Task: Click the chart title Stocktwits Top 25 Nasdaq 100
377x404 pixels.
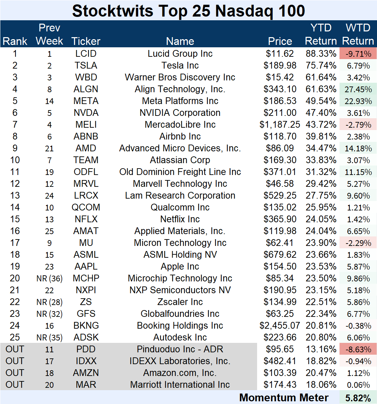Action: tap(188, 11)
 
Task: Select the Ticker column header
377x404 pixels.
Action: tap(86, 41)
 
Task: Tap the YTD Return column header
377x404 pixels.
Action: tap(321, 34)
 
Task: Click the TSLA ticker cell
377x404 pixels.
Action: tap(86, 66)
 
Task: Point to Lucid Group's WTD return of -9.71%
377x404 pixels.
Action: tap(358, 54)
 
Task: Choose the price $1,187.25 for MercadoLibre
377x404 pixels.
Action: tap(280, 125)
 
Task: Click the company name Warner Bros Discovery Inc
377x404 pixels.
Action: tap(180, 77)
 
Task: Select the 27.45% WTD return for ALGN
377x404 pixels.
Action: tap(358, 89)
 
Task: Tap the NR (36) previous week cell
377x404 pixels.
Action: tap(49, 279)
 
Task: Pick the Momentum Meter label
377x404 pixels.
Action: tap(284, 398)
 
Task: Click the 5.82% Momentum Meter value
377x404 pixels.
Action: tap(358, 398)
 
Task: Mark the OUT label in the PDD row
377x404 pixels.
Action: tap(15, 349)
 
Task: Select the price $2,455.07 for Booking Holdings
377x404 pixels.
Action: tap(280, 326)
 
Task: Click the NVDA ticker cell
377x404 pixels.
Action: tap(86, 113)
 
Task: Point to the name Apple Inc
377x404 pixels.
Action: tap(180, 267)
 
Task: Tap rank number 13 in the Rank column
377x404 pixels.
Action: tap(15, 196)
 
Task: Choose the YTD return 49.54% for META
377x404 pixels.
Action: tap(321, 101)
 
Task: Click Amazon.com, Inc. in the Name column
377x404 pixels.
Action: tap(180, 373)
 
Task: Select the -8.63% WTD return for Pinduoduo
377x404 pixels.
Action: tap(358, 349)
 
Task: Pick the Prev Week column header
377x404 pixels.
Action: tap(49, 34)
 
